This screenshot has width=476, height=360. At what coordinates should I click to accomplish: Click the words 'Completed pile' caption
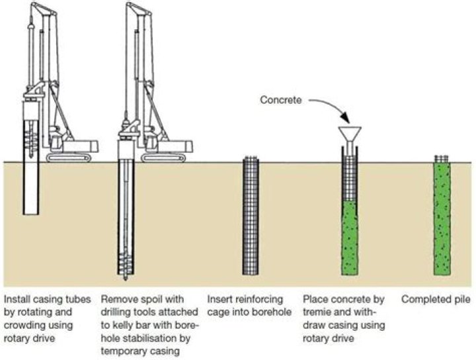pyautogui.click(x=431, y=299)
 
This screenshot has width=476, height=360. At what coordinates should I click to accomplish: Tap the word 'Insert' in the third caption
pyautogui.click(x=219, y=299)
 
